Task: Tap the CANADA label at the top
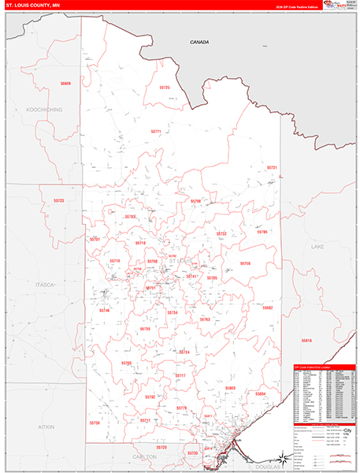199,42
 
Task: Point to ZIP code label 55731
272,168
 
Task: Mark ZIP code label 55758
245,263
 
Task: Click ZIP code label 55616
306,340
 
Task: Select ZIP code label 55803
230,388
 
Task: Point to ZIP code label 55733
193,453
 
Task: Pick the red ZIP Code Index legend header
323,367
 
